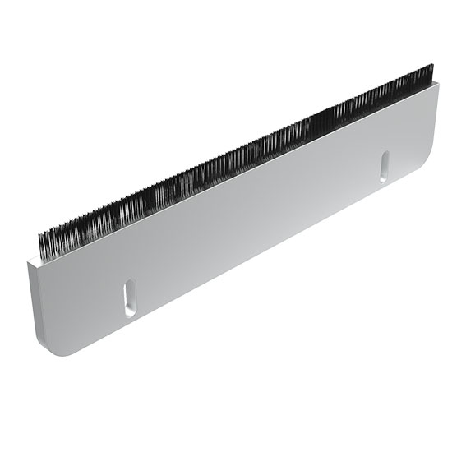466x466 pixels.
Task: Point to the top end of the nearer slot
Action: click(x=130, y=285)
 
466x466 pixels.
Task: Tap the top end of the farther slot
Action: click(x=384, y=154)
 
